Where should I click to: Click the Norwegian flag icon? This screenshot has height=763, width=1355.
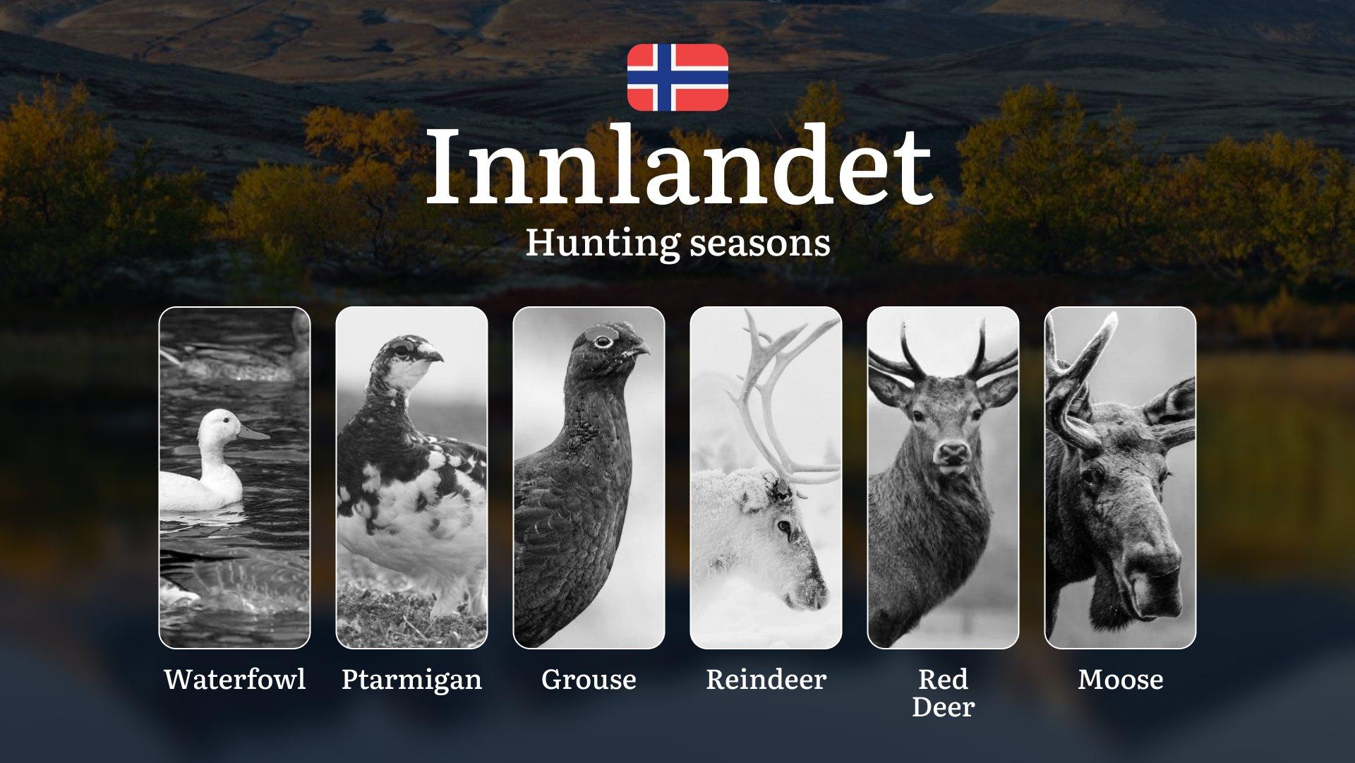tap(677, 77)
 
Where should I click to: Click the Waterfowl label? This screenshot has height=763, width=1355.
tap(235, 680)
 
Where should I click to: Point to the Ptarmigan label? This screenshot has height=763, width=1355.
tap(411, 680)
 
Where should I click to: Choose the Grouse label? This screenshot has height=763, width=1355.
tap(589, 680)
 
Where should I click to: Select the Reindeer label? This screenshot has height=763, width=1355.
tap(766, 680)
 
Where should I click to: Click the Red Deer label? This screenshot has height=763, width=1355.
tap(943, 693)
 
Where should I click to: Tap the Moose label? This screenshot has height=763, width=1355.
tap(1121, 680)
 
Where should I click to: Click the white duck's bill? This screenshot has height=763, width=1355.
tap(253, 432)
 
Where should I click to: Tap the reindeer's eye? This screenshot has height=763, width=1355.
tap(783, 527)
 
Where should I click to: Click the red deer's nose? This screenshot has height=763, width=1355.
tap(953, 451)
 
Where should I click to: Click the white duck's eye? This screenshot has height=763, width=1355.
tap(224, 420)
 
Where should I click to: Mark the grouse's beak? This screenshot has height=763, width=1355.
tap(639, 348)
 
